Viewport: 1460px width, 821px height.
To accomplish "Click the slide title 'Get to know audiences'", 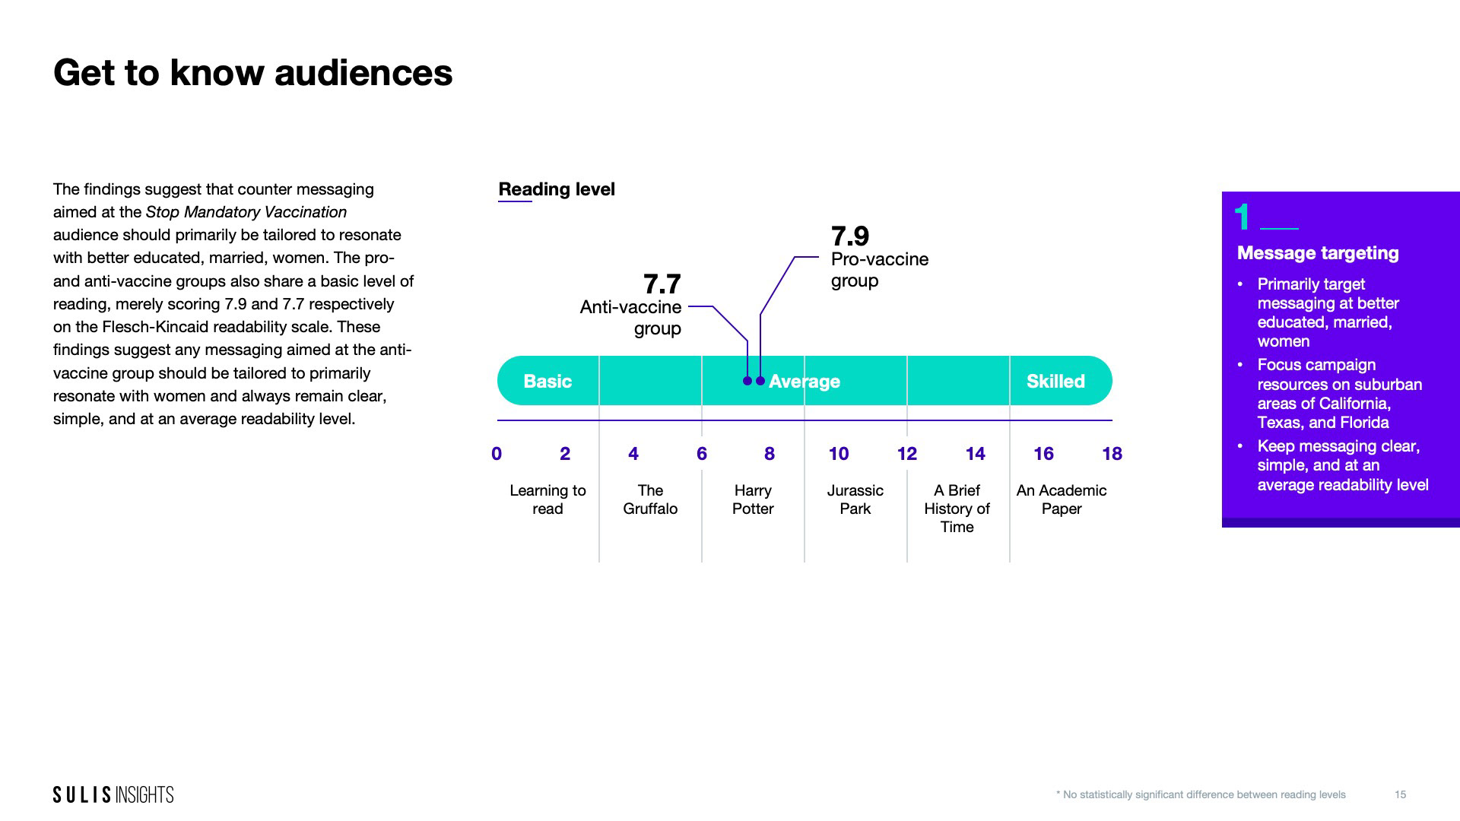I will (x=252, y=73).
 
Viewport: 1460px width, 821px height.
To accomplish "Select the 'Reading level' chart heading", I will (x=557, y=189).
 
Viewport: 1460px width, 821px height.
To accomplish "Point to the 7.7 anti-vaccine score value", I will (x=662, y=284).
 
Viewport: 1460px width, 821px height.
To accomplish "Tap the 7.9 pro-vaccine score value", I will (x=849, y=236).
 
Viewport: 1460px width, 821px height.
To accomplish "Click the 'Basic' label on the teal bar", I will (x=547, y=381).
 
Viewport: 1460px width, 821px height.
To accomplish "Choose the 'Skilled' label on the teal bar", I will (x=1055, y=381).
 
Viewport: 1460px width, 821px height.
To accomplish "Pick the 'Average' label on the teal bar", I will (x=805, y=381).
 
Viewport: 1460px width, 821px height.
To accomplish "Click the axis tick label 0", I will (x=497, y=454).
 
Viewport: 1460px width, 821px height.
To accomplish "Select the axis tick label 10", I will (x=838, y=454).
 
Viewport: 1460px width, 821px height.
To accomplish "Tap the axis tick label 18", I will (x=1112, y=454).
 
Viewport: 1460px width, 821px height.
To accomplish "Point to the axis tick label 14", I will (x=975, y=454).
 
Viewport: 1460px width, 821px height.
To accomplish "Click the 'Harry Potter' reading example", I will (x=753, y=499).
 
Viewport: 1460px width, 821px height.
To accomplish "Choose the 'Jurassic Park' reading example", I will (x=855, y=499).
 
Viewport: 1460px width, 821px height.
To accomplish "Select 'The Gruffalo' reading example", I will (x=650, y=499).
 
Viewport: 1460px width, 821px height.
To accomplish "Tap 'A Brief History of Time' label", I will (x=957, y=509).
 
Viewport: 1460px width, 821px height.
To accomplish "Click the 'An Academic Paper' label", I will (x=1061, y=499).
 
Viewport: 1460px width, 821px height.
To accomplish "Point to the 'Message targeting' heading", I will (x=1318, y=253).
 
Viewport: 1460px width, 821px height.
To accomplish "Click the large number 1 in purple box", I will (x=1243, y=217).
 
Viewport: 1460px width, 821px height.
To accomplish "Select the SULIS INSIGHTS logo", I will (x=113, y=794).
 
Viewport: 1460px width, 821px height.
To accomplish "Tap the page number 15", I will (x=1400, y=794).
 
